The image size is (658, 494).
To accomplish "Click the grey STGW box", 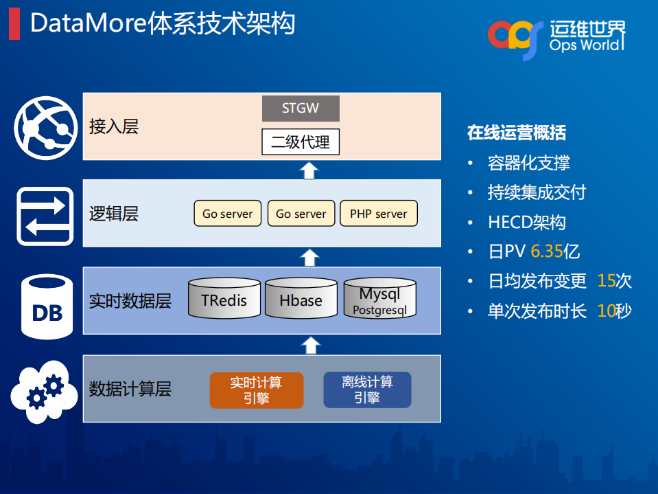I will coord(301,109).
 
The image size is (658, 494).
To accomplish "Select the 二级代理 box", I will coord(301,142).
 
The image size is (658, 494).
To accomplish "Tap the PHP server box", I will coord(378,214).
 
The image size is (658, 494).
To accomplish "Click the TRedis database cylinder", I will coord(224,299).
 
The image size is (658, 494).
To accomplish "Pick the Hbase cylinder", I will coord(301,299).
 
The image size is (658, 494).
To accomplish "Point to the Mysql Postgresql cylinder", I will coord(379,299).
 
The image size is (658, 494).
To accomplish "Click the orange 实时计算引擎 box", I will coord(256,390).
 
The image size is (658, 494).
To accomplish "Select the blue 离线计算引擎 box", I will coord(367,390).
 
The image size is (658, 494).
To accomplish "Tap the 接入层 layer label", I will coord(113,126).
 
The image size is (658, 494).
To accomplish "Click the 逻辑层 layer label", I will coord(113,214).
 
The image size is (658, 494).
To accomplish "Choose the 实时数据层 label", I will coord(130,301).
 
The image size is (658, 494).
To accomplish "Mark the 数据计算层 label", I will coord(130,390).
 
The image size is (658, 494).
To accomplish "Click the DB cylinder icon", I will coord(47,307).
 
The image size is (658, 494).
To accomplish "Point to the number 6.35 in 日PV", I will coord(546,251).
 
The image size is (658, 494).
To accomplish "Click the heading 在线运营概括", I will coord(517,133).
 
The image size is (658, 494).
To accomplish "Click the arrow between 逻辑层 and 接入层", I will coord(309,170).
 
